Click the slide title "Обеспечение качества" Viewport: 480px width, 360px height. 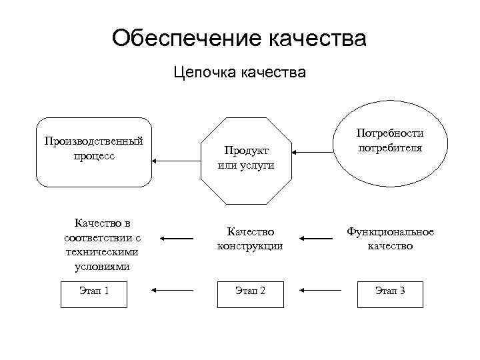tap(239, 37)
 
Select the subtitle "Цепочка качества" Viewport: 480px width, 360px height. tap(239, 71)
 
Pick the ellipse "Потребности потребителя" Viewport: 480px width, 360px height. tap(390, 142)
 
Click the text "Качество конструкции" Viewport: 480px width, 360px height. tap(250, 239)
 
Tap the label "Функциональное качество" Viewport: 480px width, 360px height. tap(390, 239)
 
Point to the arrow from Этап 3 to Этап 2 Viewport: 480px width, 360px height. tap(321, 290)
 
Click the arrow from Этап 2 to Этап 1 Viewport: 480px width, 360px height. tap(173, 290)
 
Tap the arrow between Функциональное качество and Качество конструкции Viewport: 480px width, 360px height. tap(317, 238)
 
